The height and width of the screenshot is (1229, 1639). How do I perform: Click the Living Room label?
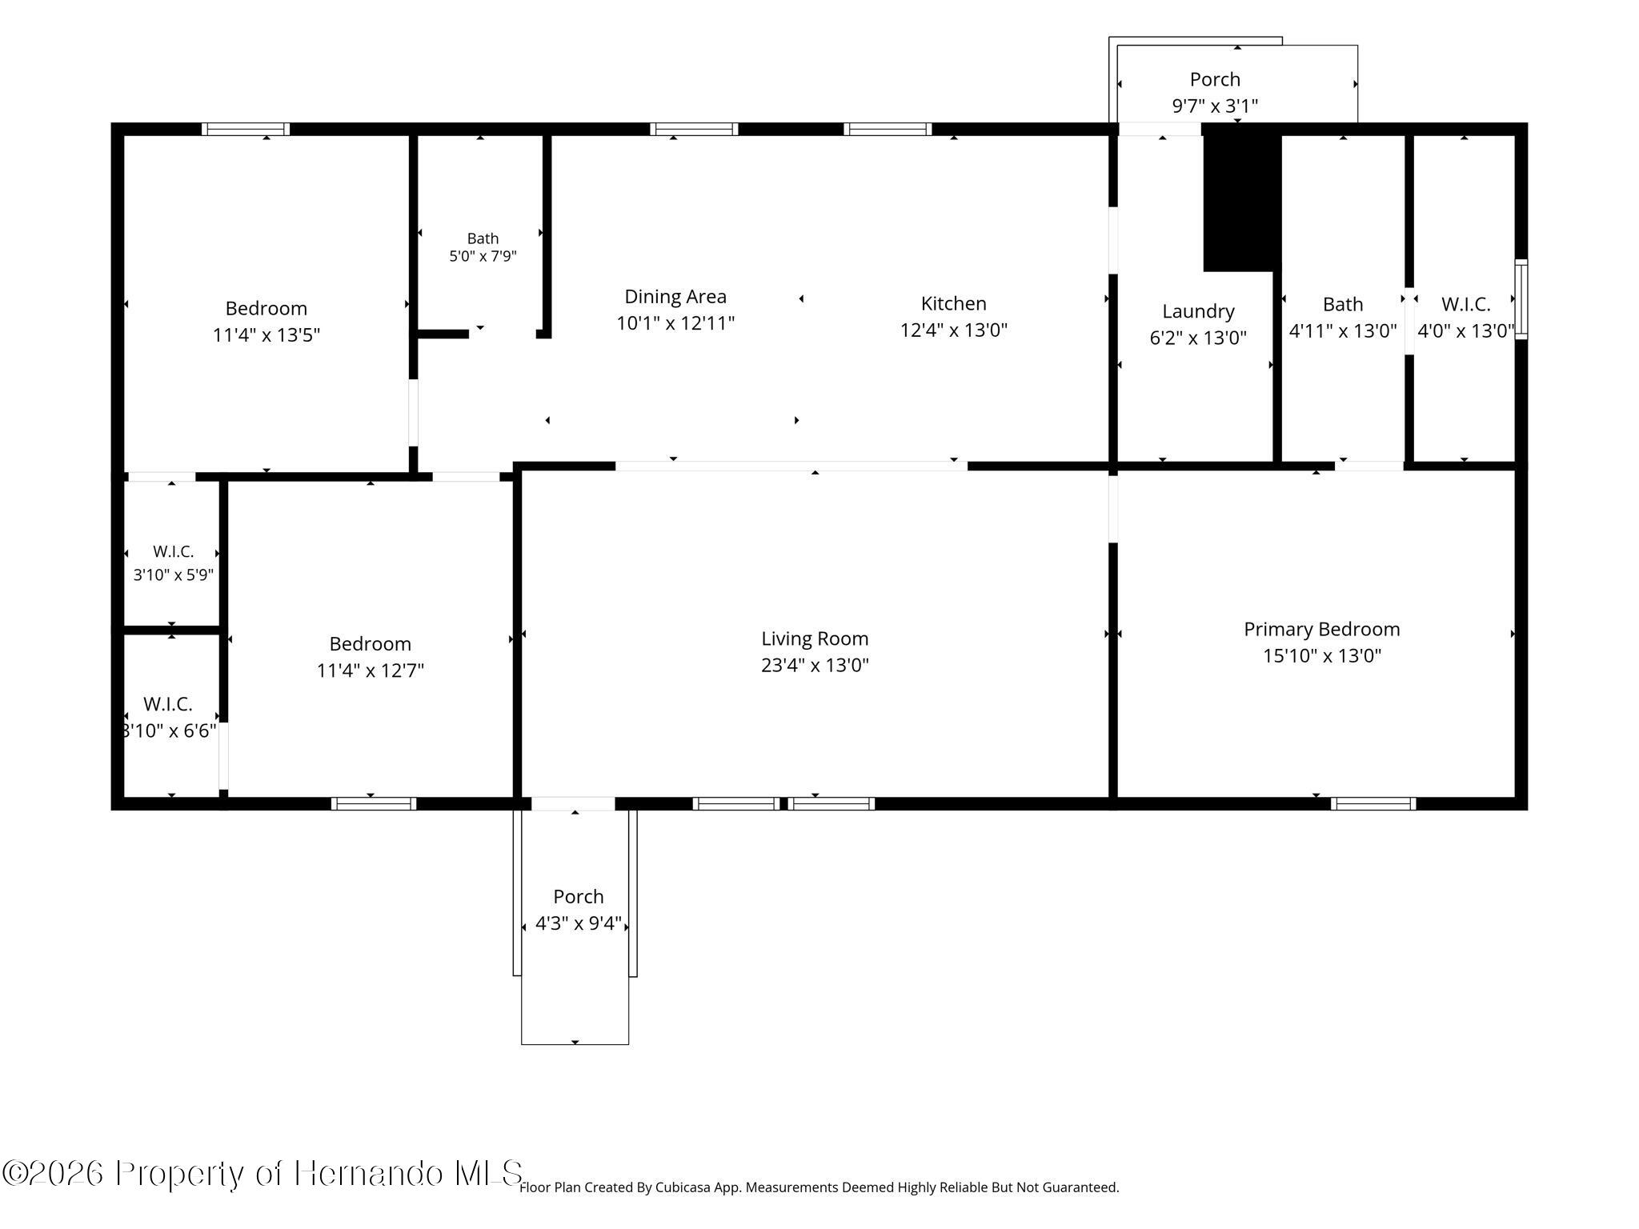[x=815, y=639]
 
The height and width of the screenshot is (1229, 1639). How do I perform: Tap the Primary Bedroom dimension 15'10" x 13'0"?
[x=1322, y=656]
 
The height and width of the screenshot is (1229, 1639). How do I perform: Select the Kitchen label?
[x=953, y=303]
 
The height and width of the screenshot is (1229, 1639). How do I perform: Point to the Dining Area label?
[x=675, y=297]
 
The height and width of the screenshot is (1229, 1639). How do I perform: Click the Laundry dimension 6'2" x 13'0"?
[x=1198, y=338]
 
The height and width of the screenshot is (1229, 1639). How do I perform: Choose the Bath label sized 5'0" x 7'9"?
[x=483, y=238]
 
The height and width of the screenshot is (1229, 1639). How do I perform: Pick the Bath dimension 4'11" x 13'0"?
[x=1343, y=330]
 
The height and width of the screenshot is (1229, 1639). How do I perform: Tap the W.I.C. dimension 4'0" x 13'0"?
[x=1465, y=330]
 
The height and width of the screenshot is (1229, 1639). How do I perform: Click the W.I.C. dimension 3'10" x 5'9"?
[x=174, y=574]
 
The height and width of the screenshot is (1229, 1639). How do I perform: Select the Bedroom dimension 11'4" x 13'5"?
[x=266, y=334]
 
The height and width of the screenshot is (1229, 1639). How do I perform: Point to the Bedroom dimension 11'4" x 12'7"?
[x=371, y=670]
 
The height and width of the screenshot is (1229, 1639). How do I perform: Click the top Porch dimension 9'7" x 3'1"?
[x=1215, y=106]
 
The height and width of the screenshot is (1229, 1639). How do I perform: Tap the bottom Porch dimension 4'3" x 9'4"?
[x=579, y=923]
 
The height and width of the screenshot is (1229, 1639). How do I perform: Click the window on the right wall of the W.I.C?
[x=1521, y=299]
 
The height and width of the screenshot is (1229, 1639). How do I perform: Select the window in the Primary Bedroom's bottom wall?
[x=1373, y=803]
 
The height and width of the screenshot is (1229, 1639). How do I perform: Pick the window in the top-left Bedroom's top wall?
[x=246, y=130]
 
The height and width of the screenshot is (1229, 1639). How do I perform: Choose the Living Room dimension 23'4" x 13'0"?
[x=815, y=665]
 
